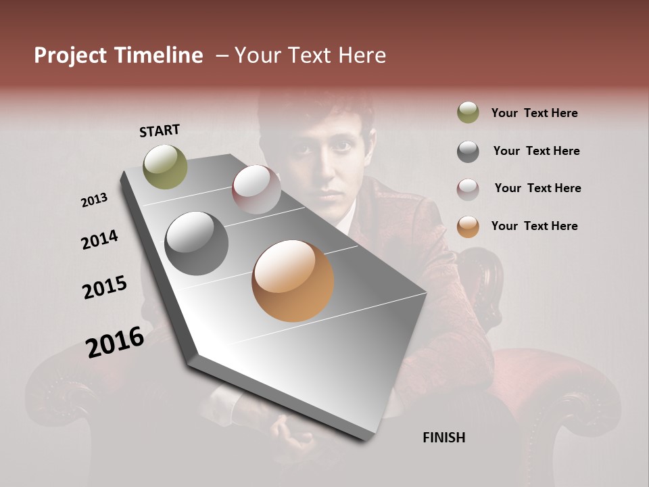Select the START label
pos(160,131)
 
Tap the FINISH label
pos(443,438)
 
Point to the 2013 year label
pos(95,200)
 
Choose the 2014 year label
pos(99,239)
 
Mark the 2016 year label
pos(115,342)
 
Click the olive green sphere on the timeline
pos(166,166)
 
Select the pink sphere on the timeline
pos(256,189)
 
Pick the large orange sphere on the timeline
pos(293,281)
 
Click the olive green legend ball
pos(468,113)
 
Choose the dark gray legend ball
pos(468,152)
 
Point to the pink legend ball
pos(468,189)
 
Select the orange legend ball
pos(468,227)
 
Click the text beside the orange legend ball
pos(534,226)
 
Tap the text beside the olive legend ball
pos(534,113)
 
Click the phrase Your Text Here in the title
pos(310,55)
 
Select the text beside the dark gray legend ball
pos(536,151)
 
